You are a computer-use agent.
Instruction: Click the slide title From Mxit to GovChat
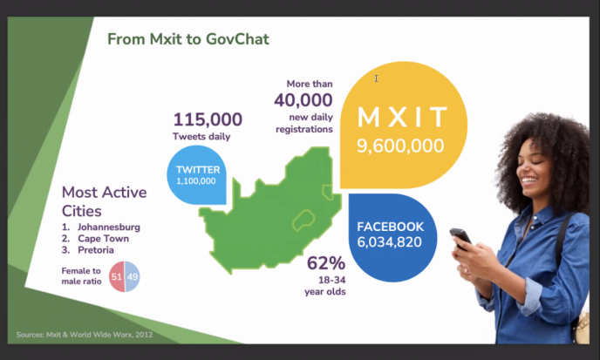pos(188,39)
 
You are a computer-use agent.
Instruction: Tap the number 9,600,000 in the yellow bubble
pos(400,146)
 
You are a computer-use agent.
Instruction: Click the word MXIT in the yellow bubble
pos(402,117)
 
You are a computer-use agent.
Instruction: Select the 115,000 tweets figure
pos(208,119)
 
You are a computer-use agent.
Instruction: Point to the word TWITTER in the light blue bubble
pos(198,169)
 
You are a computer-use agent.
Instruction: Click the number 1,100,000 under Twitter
pos(196,181)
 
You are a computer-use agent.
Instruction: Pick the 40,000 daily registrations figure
pos(303,100)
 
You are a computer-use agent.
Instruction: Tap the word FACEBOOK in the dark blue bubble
pos(391,227)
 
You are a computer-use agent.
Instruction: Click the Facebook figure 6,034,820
pos(389,242)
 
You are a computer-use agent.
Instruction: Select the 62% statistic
pos(326,263)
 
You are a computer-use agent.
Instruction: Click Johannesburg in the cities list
pos(109,228)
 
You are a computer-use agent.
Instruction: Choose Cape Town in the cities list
pos(103,239)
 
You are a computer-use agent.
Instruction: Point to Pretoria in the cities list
pos(96,250)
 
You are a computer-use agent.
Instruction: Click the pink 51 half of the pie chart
pos(117,276)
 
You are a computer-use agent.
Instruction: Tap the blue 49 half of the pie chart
pos(133,276)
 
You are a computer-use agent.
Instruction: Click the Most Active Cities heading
pos(104,201)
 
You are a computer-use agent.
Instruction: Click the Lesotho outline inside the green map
pos(303,220)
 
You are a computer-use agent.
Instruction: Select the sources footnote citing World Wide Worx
pos(85,335)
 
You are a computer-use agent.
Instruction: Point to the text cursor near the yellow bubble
pos(376,78)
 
